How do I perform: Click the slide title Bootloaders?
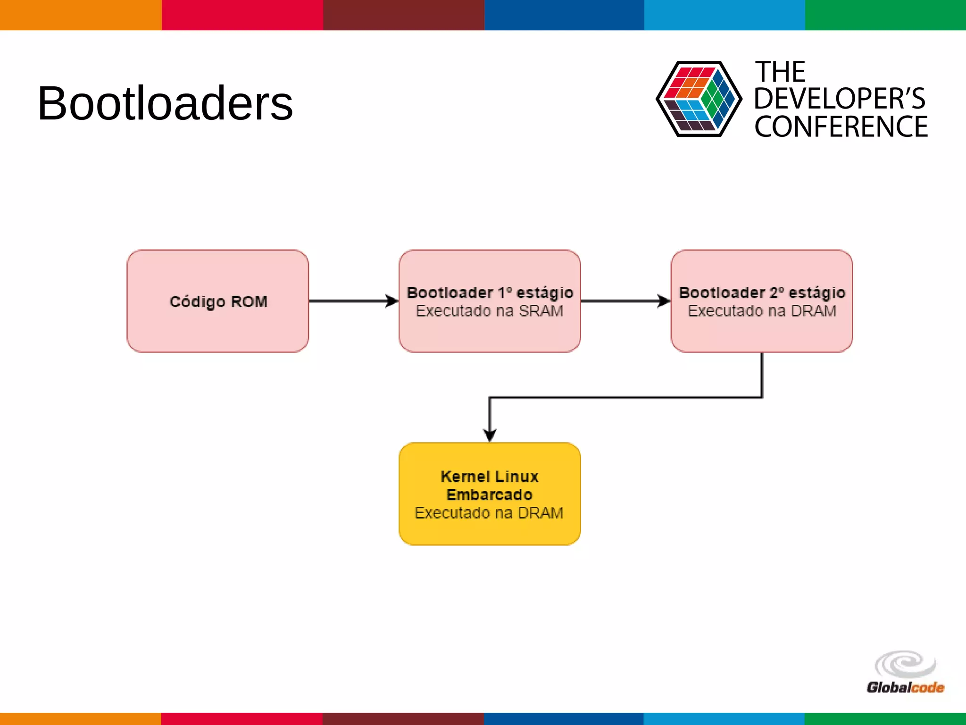pyautogui.click(x=165, y=104)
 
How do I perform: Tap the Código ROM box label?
pyautogui.click(x=218, y=302)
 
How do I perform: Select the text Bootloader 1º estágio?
pyautogui.click(x=490, y=293)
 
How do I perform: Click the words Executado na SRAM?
pyautogui.click(x=489, y=311)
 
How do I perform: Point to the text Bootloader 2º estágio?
pyautogui.click(x=762, y=293)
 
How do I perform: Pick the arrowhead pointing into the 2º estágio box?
pyautogui.click(x=664, y=301)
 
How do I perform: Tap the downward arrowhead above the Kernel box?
pyautogui.click(x=490, y=435)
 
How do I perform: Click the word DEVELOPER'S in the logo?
pyautogui.click(x=840, y=99)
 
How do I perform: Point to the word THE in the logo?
pyautogui.click(x=781, y=72)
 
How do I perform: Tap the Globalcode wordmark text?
pyautogui.click(x=905, y=687)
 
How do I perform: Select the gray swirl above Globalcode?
pyautogui.click(x=905, y=664)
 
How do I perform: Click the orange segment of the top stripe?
pyautogui.click(x=80, y=15)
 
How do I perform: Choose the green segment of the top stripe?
pyautogui.click(x=885, y=15)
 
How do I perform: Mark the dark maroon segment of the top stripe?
pyautogui.click(x=403, y=15)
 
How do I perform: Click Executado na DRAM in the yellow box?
pyautogui.click(x=489, y=513)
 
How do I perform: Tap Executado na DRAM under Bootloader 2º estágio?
pyautogui.click(x=762, y=311)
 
